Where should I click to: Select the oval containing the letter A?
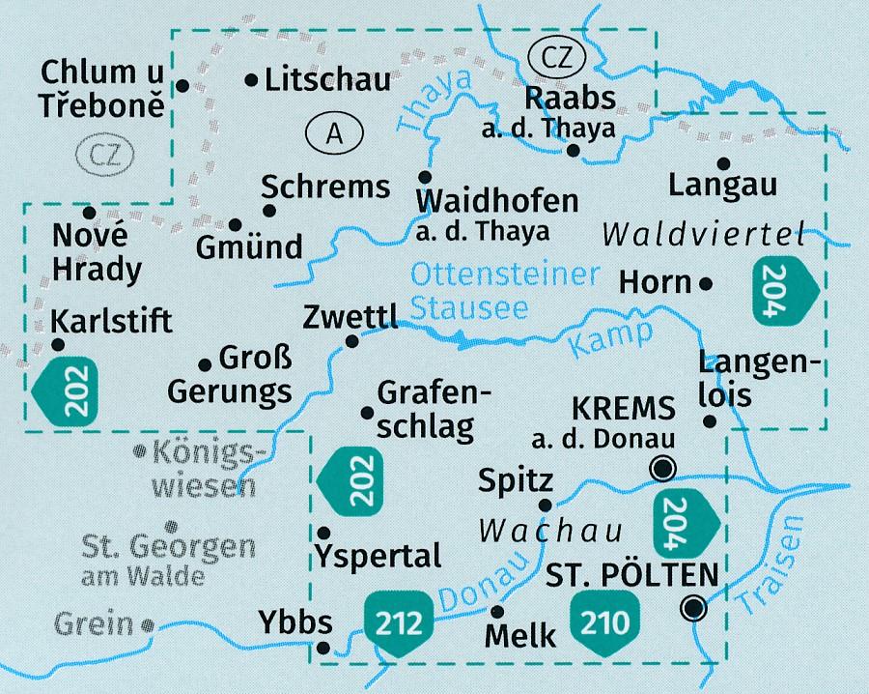[333, 134]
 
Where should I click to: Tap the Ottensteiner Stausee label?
[504, 291]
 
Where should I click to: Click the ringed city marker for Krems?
[663, 469]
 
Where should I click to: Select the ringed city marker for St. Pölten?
[692, 608]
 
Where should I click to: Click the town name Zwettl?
[349, 317]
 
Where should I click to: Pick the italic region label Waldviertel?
[704, 233]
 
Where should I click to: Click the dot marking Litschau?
[252, 80]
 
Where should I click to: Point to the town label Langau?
[724, 185]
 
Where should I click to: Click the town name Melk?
[521, 636]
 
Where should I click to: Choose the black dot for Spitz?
[546, 505]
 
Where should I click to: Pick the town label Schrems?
[325, 186]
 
